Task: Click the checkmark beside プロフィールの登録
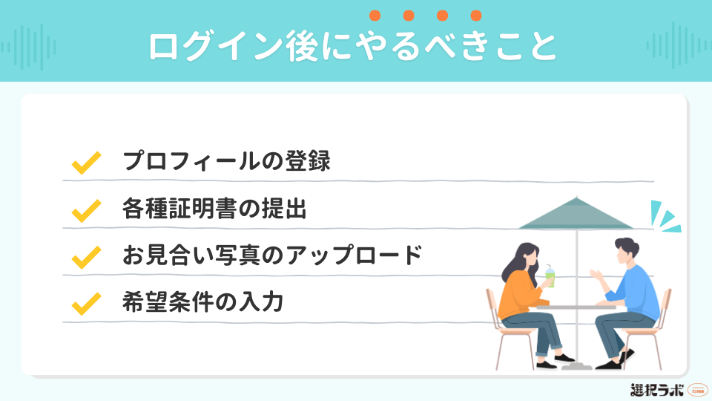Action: (85, 163)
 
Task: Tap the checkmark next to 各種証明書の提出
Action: (85, 210)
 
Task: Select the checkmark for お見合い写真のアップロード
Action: (85, 257)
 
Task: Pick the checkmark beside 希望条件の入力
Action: (85, 304)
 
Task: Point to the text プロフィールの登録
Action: (226, 162)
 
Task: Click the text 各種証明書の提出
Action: (214, 209)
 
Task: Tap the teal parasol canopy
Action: (575, 215)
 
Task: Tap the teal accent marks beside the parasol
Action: (662, 217)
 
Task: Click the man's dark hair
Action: (625, 247)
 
